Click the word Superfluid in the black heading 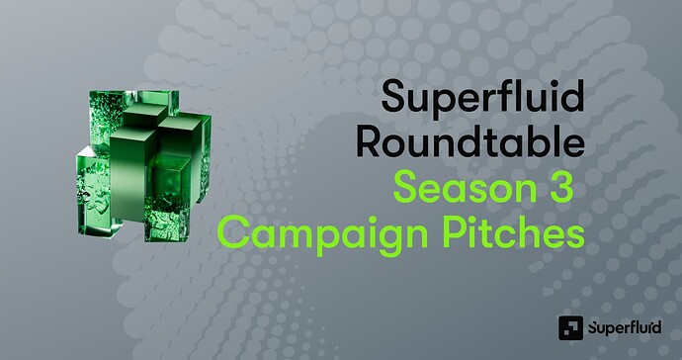click(481, 102)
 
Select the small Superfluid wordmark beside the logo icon click(619, 327)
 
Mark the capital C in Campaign click(231, 233)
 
